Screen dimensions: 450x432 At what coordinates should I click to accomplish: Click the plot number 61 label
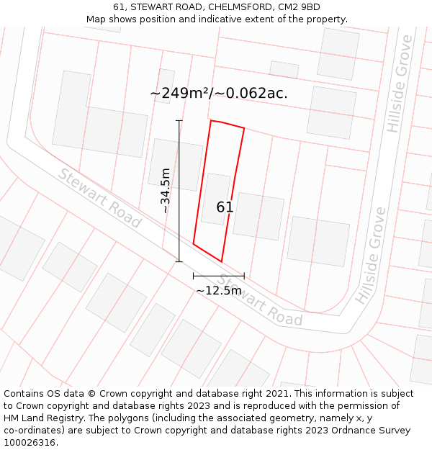225,207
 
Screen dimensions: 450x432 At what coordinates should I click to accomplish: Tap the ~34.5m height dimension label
166,191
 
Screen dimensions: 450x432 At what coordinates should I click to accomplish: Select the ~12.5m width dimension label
219,290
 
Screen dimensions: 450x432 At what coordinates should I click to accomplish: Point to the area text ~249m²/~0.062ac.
219,94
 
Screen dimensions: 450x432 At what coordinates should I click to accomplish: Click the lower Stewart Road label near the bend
260,300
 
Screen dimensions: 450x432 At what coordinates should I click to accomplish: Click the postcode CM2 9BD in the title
300,7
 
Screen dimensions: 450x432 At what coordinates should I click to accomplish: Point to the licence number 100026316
31,443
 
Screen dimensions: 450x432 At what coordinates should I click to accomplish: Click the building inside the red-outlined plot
216,198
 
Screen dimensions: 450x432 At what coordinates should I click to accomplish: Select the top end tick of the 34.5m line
179,121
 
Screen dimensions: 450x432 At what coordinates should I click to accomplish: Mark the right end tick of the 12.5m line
244,276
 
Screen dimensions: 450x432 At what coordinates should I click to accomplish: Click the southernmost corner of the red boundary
221,261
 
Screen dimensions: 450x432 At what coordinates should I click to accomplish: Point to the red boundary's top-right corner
244,128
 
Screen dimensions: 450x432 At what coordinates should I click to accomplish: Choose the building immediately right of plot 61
258,216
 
